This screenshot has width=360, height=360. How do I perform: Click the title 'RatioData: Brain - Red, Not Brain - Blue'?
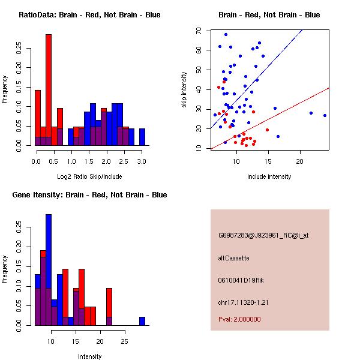tap(89, 15)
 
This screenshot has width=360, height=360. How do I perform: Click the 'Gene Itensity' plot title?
tap(89, 195)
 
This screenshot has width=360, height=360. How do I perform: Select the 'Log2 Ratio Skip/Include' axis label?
tap(89, 176)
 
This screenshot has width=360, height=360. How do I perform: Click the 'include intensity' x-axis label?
tap(269, 176)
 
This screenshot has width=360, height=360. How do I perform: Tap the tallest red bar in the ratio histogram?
tap(49, 90)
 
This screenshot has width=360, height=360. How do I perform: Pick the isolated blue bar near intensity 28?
tap(142, 321)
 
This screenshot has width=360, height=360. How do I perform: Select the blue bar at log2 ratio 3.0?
tap(142, 137)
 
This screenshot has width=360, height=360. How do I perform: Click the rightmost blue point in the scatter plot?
tap(325, 115)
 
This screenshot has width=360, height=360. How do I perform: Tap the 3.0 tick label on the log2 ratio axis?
tap(142, 161)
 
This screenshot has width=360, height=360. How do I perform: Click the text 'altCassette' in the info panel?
tap(233, 258)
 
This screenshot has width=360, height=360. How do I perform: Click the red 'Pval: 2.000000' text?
tap(239, 319)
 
